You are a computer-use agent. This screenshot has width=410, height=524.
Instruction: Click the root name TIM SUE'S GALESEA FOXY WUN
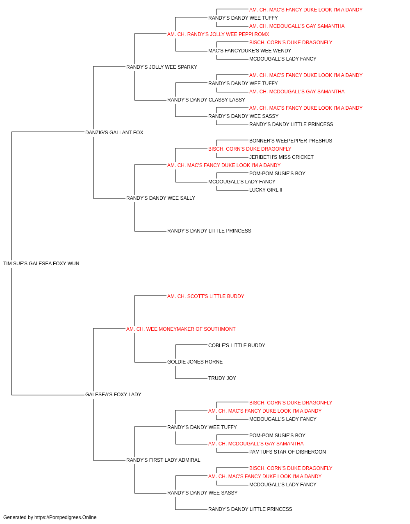pyautogui.click(x=41, y=263)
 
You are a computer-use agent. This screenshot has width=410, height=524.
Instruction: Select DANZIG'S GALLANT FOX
pyautogui.click(x=114, y=132)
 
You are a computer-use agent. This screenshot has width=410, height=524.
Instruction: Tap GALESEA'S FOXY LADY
pyautogui.click(x=113, y=394)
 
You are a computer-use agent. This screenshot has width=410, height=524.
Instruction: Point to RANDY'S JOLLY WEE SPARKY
pyautogui.click(x=162, y=67)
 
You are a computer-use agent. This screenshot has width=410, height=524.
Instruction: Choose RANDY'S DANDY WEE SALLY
pyautogui.click(x=161, y=198)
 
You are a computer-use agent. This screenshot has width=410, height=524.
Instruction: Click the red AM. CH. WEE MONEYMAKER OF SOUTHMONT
pyautogui.click(x=181, y=329)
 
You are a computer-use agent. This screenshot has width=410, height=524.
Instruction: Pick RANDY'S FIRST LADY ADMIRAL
pyautogui.click(x=163, y=460)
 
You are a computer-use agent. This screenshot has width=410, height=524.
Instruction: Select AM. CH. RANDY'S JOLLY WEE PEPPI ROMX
pyautogui.click(x=218, y=34)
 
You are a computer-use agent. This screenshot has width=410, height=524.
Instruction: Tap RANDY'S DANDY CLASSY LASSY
pyautogui.click(x=206, y=99)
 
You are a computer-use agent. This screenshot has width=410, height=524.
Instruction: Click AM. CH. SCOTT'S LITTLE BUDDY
pyautogui.click(x=205, y=296)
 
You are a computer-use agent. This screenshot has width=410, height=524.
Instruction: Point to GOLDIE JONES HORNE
pyautogui.click(x=195, y=362)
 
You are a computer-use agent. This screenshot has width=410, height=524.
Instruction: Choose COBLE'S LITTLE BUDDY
pyautogui.click(x=237, y=346)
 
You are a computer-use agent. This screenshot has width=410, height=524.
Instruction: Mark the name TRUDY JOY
pyautogui.click(x=222, y=378)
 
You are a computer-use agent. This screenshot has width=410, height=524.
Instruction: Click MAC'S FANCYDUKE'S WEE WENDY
pyautogui.click(x=250, y=51)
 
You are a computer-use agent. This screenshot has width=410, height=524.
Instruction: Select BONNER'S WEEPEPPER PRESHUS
pyautogui.click(x=290, y=140)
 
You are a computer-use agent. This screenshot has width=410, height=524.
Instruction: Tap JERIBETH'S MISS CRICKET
pyautogui.click(x=281, y=157)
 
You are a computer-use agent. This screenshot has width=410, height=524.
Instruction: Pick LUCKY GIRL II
pyautogui.click(x=266, y=190)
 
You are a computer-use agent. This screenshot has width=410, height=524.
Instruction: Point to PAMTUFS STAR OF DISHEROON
pyautogui.click(x=287, y=452)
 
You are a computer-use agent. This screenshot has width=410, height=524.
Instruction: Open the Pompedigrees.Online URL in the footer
pyautogui.click(x=65, y=517)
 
